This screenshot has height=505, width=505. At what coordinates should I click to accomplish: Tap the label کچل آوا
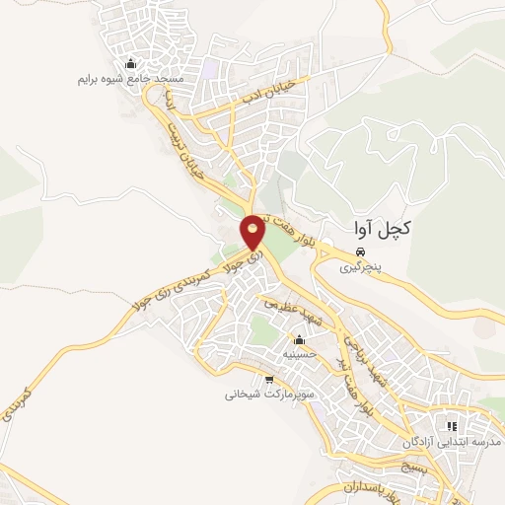[x=380, y=228]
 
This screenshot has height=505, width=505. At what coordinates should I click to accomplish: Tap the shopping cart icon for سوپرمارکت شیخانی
[x=269, y=380]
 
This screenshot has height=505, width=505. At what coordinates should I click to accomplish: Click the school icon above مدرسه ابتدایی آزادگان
[x=452, y=426]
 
